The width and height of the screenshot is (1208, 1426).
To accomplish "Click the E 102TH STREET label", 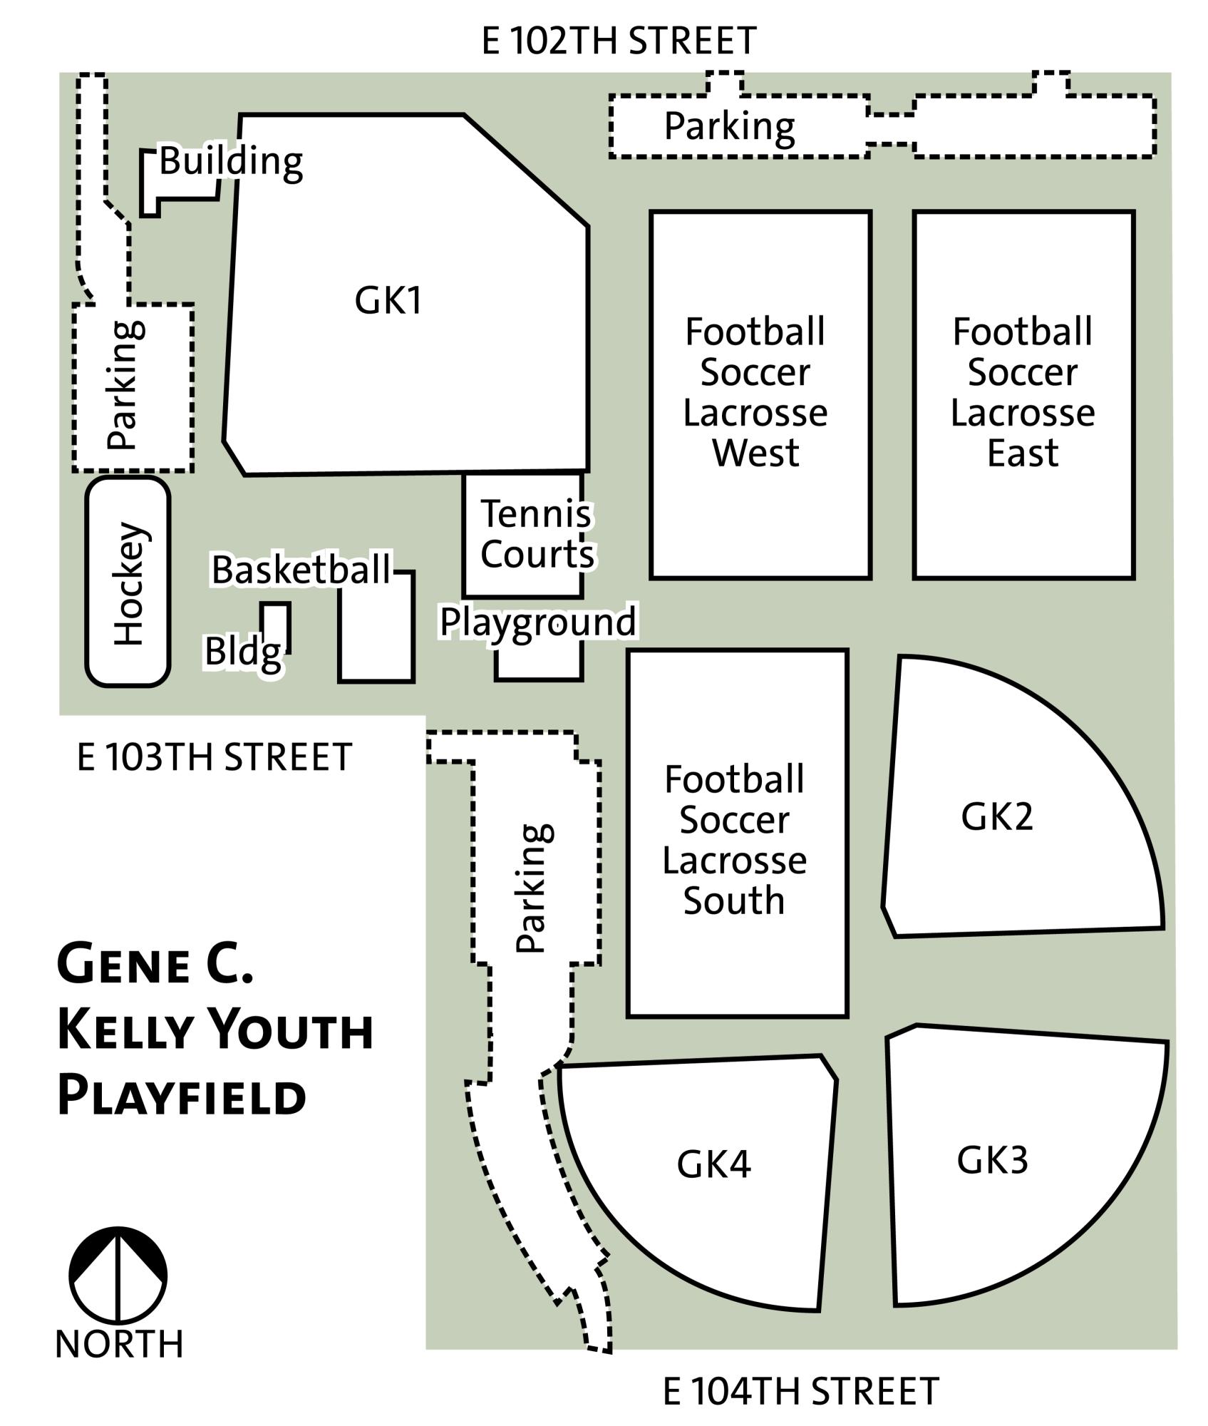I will (618, 41).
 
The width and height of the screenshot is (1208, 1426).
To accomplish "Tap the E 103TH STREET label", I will (214, 756).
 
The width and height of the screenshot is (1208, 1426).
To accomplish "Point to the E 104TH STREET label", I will (800, 1391).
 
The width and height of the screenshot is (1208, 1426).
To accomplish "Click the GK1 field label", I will (388, 300).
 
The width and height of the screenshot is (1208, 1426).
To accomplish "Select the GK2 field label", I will (996, 816).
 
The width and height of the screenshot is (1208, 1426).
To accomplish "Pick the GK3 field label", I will (992, 1160).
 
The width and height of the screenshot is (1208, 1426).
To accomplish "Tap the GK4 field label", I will (713, 1164).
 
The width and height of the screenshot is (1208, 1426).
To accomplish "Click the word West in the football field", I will (755, 453).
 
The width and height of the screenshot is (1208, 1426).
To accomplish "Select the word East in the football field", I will (1023, 453).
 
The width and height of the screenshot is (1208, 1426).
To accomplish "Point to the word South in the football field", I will (734, 901).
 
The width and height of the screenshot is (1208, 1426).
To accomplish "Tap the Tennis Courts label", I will (537, 534).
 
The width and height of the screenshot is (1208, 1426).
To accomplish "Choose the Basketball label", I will (301, 570).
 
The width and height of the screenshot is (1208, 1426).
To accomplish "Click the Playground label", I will (538, 622).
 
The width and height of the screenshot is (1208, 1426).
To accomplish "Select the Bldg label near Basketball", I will (242, 652).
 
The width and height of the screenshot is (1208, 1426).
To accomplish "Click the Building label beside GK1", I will (230, 161).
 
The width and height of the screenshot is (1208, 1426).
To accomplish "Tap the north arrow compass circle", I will (118, 1276).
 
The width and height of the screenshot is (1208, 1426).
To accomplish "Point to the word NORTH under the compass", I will (119, 1344).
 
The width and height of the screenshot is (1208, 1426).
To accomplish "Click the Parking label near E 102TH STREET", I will (729, 127).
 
